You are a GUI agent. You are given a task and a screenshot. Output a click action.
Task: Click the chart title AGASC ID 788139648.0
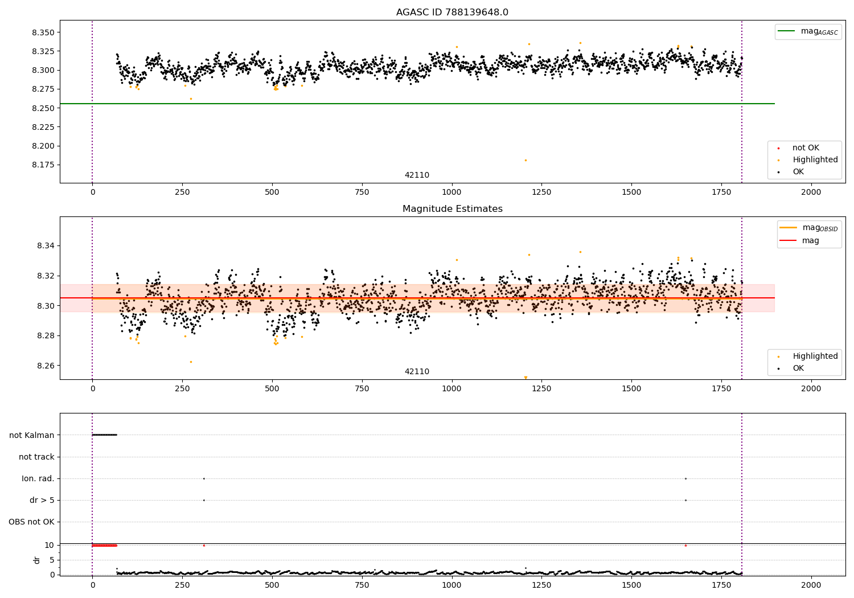click(x=452, y=13)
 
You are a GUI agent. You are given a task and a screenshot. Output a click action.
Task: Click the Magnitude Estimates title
click(x=452, y=209)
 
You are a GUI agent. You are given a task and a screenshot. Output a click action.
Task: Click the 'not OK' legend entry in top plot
click(x=805, y=148)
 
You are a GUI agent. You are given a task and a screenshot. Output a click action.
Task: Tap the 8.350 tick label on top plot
click(x=43, y=32)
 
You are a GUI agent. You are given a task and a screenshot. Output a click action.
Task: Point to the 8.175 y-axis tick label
click(x=43, y=165)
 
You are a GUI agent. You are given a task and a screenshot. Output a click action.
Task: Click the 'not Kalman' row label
click(x=32, y=435)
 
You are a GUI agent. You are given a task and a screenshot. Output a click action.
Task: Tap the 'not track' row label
click(x=36, y=457)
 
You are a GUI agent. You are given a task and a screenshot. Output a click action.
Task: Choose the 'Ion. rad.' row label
click(x=38, y=478)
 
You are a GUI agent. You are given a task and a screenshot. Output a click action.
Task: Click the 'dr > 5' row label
click(x=42, y=500)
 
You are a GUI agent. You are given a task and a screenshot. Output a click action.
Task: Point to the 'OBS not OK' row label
click(x=32, y=522)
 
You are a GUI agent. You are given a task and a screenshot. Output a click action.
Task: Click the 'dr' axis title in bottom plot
click(x=37, y=560)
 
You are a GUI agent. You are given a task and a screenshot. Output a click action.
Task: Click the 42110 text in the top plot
click(x=417, y=175)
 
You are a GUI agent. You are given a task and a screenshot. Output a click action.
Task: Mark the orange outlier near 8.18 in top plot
click(x=525, y=160)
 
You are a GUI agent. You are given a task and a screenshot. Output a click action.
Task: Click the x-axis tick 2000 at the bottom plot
click(x=811, y=585)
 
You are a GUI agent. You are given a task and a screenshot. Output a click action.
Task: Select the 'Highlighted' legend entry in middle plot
click(x=815, y=356)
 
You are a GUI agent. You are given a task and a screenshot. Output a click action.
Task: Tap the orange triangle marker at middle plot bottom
click(x=525, y=378)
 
